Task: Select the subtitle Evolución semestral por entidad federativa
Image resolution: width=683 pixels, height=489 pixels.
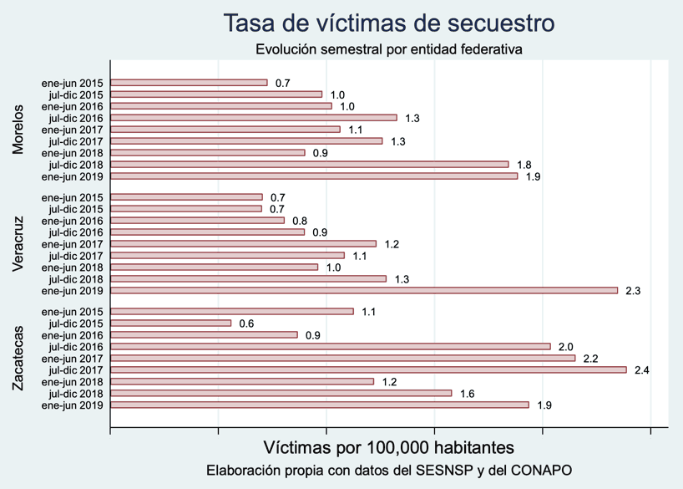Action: coord(389,49)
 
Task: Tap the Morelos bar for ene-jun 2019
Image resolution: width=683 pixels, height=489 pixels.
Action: coord(314,176)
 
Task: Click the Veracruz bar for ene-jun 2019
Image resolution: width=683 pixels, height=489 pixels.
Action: coord(364,291)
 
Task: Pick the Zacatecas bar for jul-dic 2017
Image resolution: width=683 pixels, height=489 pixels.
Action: coord(368,369)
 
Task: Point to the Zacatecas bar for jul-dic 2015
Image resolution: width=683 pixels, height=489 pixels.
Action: coord(171,323)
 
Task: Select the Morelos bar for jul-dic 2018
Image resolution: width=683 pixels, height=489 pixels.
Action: coord(310,165)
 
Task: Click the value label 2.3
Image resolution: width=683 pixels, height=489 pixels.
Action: coord(633,291)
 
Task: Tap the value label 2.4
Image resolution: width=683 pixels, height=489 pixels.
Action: coord(641,369)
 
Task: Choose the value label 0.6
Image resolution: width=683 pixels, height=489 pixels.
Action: coord(246,323)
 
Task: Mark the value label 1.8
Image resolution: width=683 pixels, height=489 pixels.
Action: coord(524,166)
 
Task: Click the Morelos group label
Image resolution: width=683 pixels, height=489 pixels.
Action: coord(18,130)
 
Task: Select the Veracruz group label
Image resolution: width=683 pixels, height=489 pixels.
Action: coord(18,244)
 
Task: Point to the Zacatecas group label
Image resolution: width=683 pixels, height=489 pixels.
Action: coord(18,358)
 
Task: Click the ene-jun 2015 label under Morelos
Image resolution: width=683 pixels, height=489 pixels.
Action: coord(72,83)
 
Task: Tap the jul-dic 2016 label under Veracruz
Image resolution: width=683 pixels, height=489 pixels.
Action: coord(76,232)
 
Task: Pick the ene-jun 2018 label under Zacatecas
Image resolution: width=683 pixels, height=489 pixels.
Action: coord(72,381)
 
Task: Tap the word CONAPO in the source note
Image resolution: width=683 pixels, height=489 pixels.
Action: coord(544,471)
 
